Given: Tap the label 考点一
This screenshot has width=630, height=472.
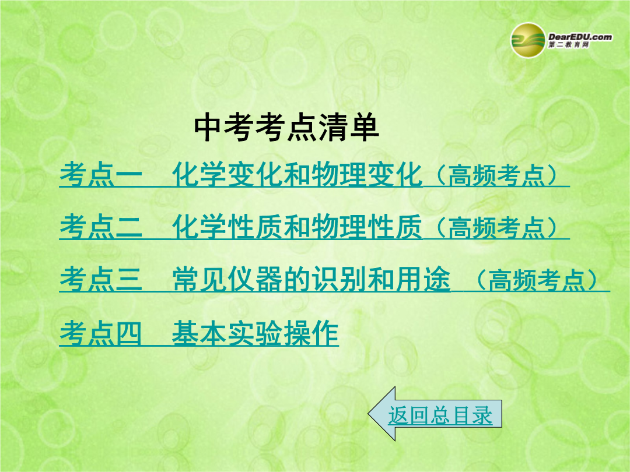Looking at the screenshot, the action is (101, 175).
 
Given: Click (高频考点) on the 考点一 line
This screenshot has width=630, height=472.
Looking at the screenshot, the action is (496, 175).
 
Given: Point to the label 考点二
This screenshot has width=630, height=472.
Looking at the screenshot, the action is (101, 227).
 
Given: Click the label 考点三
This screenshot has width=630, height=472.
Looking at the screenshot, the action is (101, 279).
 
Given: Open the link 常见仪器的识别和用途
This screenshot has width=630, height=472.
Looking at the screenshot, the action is (311, 279).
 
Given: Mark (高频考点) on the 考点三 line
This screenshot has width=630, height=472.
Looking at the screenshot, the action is (537, 280).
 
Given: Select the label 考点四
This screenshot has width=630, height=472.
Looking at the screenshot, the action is (100, 333).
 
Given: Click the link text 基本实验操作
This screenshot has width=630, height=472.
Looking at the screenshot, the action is (255, 333).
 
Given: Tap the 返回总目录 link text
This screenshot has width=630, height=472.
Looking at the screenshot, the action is (440, 415).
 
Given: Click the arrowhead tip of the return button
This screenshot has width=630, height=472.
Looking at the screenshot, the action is (369, 414).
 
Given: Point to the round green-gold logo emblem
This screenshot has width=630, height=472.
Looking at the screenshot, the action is (528, 40).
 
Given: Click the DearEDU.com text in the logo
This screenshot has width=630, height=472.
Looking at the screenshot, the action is (580, 37).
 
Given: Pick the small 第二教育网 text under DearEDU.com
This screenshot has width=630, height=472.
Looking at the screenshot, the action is (569, 44).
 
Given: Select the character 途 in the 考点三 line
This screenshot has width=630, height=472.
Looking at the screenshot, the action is (437, 279).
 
